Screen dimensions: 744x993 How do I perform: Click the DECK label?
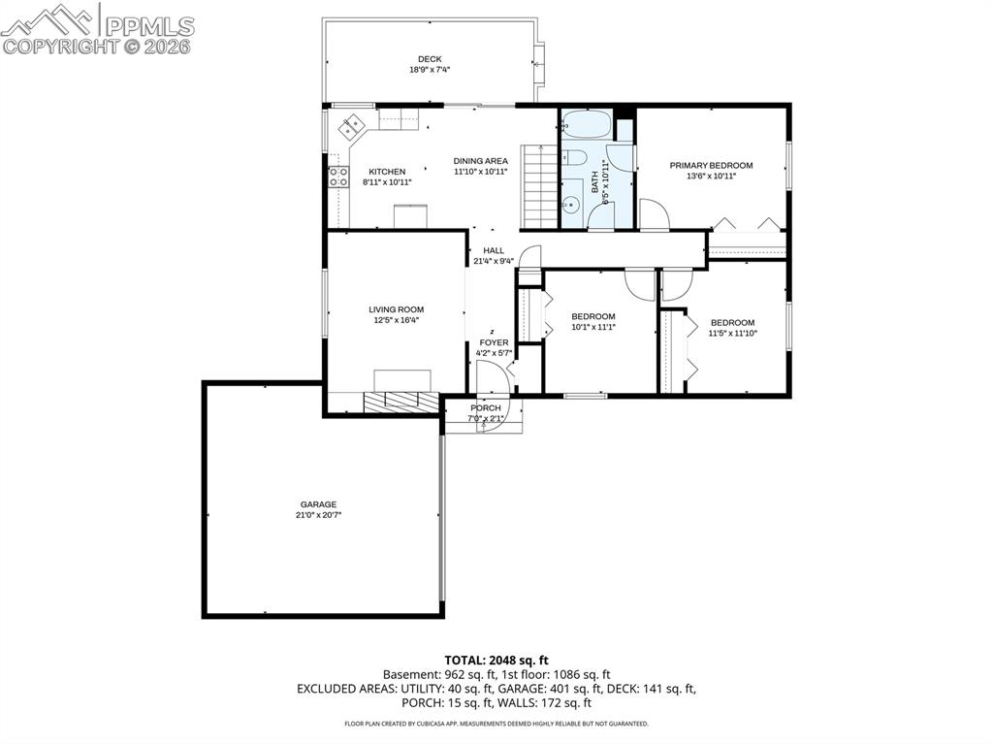pyautogui.click(x=430, y=59)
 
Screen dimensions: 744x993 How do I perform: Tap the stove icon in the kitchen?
pyautogui.click(x=338, y=177)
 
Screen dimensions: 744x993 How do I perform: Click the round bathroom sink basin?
pyautogui.click(x=571, y=204)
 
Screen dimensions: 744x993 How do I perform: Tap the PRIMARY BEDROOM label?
pyautogui.click(x=711, y=165)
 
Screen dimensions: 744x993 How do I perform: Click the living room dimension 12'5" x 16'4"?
pyautogui.click(x=396, y=320)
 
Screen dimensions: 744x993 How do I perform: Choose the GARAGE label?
pyautogui.click(x=318, y=504)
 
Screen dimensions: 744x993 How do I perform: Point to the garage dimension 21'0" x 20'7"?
pyautogui.click(x=318, y=515)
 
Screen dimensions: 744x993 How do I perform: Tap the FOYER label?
pyautogui.click(x=494, y=342)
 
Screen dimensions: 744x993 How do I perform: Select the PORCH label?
pyautogui.click(x=486, y=408)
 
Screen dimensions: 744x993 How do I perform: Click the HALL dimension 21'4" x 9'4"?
pyautogui.click(x=494, y=261)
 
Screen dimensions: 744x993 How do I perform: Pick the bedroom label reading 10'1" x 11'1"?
pyautogui.click(x=593, y=327)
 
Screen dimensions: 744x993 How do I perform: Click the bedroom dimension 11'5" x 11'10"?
pyautogui.click(x=732, y=334)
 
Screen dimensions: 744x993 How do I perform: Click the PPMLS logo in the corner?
pyautogui.click(x=97, y=27)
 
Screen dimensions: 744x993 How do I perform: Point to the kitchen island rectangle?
pyautogui.click(x=410, y=215)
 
